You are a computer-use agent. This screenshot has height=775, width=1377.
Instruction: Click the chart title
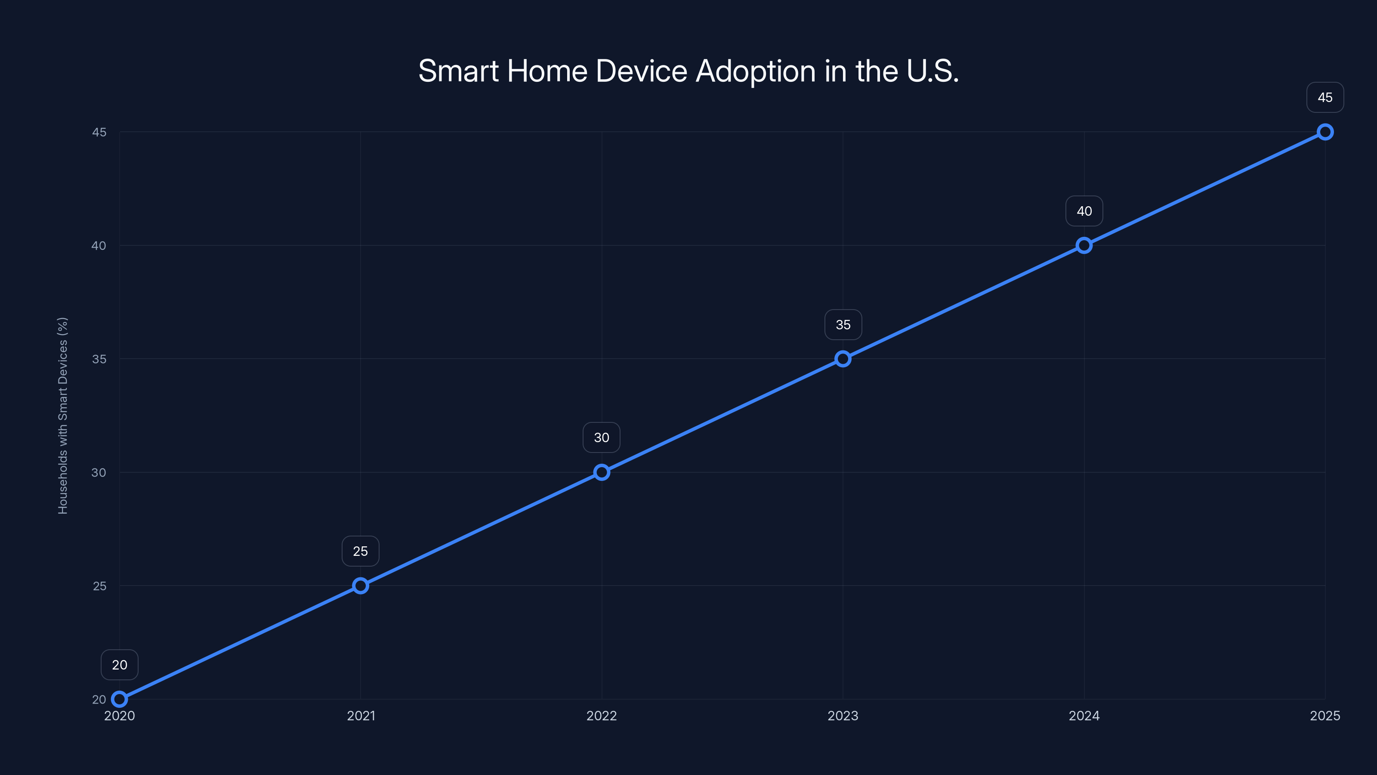pyautogui.click(x=688, y=71)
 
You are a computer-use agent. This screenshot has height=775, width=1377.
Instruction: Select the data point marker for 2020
pyautogui.click(x=119, y=699)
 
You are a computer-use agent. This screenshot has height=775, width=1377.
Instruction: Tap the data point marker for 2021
pyautogui.click(x=360, y=586)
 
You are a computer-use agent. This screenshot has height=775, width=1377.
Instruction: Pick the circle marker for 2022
pyautogui.click(x=602, y=472)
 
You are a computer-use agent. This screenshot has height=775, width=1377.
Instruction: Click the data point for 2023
pyautogui.click(x=843, y=359)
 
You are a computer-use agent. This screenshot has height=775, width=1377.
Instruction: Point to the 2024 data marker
pyautogui.click(x=1084, y=245)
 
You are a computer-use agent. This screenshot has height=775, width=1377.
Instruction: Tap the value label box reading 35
pyautogui.click(x=843, y=325)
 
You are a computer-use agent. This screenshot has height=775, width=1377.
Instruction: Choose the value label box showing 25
pyautogui.click(x=360, y=551)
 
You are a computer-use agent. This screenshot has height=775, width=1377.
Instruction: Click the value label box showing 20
pyautogui.click(x=119, y=665)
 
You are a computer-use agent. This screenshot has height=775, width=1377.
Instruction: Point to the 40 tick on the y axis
pyautogui.click(x=99, y=245)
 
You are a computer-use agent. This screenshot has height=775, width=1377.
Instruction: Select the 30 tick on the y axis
pyautogui.click(x=99, y=472)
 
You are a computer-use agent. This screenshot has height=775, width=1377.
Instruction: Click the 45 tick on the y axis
pyautogui.click(x=99, y=132)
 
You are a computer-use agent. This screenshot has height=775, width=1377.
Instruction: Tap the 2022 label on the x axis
pyautogui.click(x=602, y=716)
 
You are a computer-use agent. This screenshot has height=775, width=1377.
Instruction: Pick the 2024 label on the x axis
pyautogui.click(x=1084, y=716)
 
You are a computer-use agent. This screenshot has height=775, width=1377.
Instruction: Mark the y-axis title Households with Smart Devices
pyautogui.click(x=62, y=415)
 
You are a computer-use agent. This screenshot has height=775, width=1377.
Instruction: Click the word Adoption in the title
pyautogui.click(x=755, y=71)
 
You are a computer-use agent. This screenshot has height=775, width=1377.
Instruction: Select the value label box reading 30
pyautogui.click(x=602, y=437)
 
